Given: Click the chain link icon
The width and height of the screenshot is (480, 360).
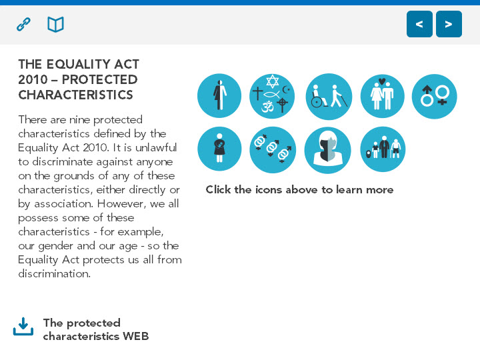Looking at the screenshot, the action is [23, 25].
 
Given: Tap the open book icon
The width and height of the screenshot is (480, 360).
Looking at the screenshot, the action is [56, 25].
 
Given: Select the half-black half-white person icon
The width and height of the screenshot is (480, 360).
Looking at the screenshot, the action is [219, 96].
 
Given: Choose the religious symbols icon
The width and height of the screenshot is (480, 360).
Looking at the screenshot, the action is [272, 96].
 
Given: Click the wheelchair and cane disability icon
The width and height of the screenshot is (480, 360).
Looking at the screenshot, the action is [329, 97].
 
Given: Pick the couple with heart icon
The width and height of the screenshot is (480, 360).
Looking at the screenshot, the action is [383, 96].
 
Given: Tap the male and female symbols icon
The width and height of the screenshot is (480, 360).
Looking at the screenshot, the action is [435, 97].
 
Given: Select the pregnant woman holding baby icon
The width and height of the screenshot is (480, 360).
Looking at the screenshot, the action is [219, 149].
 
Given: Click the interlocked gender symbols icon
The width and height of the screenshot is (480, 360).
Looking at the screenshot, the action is [273, 150].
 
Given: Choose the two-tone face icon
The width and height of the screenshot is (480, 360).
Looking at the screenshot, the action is [328, 150].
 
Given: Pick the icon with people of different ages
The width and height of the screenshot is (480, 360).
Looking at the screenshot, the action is [383, 149].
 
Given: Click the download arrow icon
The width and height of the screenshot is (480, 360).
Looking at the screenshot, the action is [23, 326].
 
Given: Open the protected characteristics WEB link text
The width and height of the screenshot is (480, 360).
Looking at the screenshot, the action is [96, 329].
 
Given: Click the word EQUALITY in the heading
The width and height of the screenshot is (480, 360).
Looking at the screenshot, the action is [79, 64].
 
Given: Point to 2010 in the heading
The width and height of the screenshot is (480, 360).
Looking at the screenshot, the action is [33, 79].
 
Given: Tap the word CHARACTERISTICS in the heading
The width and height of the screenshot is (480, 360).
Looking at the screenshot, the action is [75, 95].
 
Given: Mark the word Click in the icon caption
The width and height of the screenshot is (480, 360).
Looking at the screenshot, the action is [218, 189].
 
